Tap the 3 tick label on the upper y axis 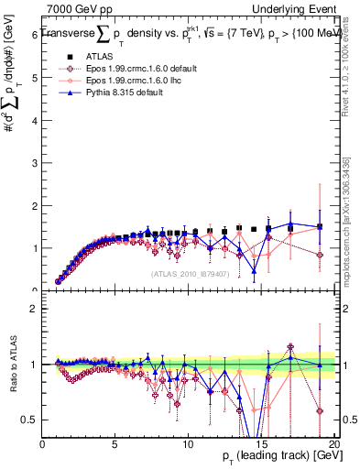pyautogui.click(x=35, y=162)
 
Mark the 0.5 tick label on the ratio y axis pyautogui.click(x=31, y=420)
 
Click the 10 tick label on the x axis pyautogui.click(x=188, y=443)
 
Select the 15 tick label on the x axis pyautogui.click(x=260, y=443)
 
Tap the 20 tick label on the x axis pyautogui.click(x=333, y=443)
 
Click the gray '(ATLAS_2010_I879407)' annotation pyautogui.click(x=188, y=274)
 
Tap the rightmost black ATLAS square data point pyautogui.click(x=319, y=226)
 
